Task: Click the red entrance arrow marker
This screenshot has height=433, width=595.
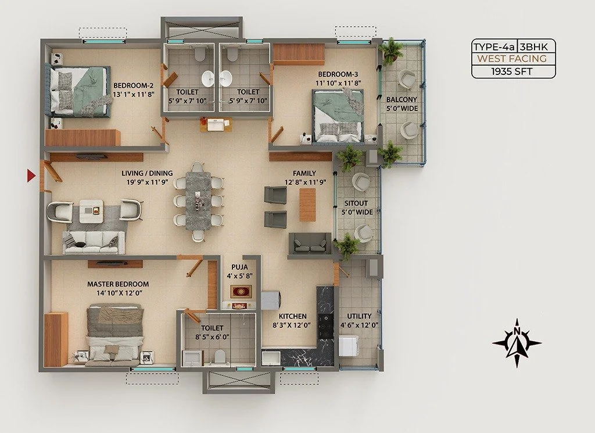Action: click(31, 176)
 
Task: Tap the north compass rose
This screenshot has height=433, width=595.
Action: click(517, 343)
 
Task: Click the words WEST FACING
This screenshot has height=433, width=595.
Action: click(512, 59)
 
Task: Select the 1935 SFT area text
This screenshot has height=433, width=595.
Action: click(512, 71)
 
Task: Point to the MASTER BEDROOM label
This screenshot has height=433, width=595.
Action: click(118, 284)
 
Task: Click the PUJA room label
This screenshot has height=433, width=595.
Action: click(239, 267)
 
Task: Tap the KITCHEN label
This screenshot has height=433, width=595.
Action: click(293, 316)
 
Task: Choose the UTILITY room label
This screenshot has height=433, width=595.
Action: click(359, 316)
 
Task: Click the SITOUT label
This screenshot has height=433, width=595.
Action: click(356, 203)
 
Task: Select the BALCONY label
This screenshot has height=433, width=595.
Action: click(402, 99)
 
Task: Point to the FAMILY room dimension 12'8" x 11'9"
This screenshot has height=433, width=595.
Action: click(305, 182)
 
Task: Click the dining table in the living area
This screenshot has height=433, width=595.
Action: click(198, 201)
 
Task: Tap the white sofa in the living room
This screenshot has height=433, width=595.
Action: click(94, 242)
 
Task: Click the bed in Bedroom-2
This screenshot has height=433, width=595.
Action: click(78, 91)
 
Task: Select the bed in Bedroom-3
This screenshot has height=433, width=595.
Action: click(338, 116)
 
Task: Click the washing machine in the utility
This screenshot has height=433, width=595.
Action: click(349, 345)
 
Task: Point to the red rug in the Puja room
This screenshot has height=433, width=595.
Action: click(241, 291)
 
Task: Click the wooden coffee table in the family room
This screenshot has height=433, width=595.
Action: click(307, 205)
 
